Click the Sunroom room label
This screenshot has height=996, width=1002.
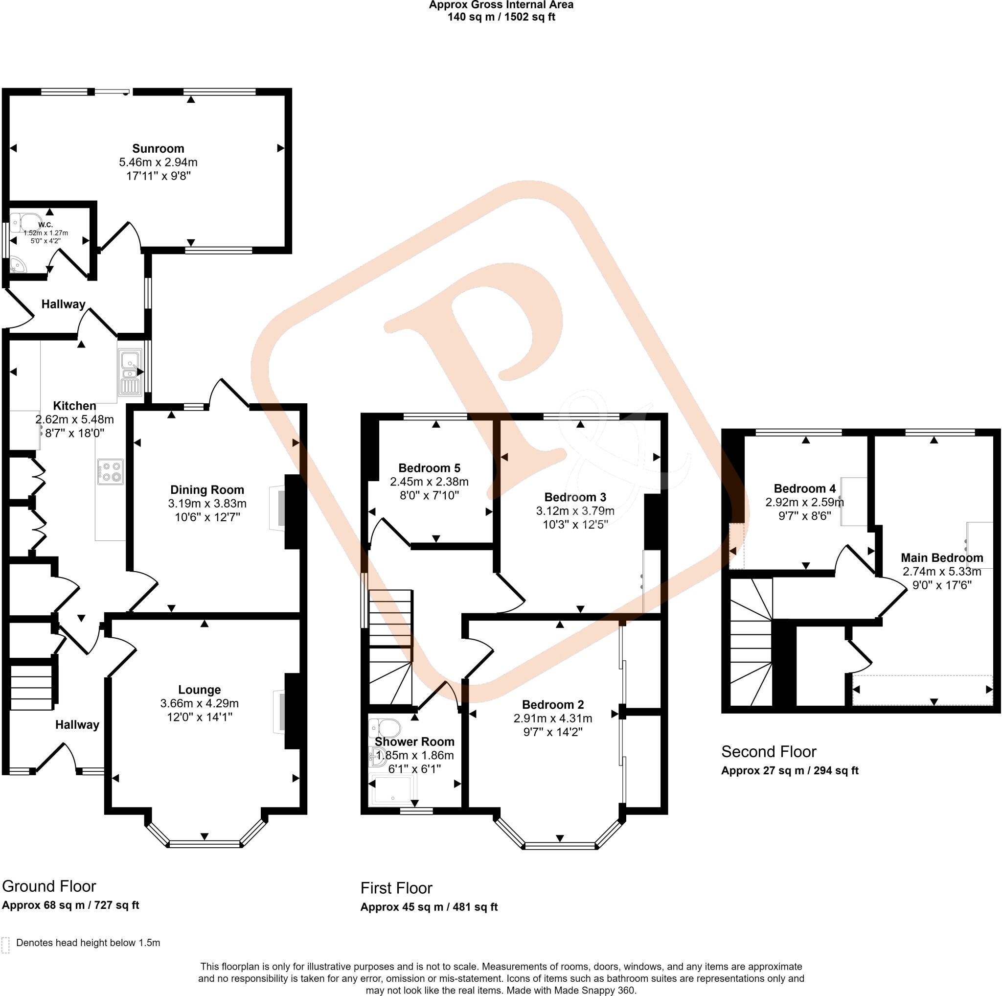[x=158, y=149]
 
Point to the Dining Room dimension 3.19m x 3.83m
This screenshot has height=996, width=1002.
[x=207, y=503]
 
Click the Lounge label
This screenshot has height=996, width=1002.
[x=199, y=690]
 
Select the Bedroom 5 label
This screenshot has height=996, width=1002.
[x=429, y=468]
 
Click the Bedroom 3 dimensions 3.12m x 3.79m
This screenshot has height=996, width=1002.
[x=575, y=511]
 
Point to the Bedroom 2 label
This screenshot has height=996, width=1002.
[x=552, y=704]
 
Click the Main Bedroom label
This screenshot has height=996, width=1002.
[x=941, y=557]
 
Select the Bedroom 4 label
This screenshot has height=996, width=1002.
[x=804, y=488]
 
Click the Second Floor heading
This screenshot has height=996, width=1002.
[x=768, y=752]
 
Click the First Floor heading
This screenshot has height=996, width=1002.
[x=396, y=888]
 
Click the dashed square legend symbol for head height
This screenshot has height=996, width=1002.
[x=6, y=945]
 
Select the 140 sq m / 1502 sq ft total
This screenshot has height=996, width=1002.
[x=501, y=17]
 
